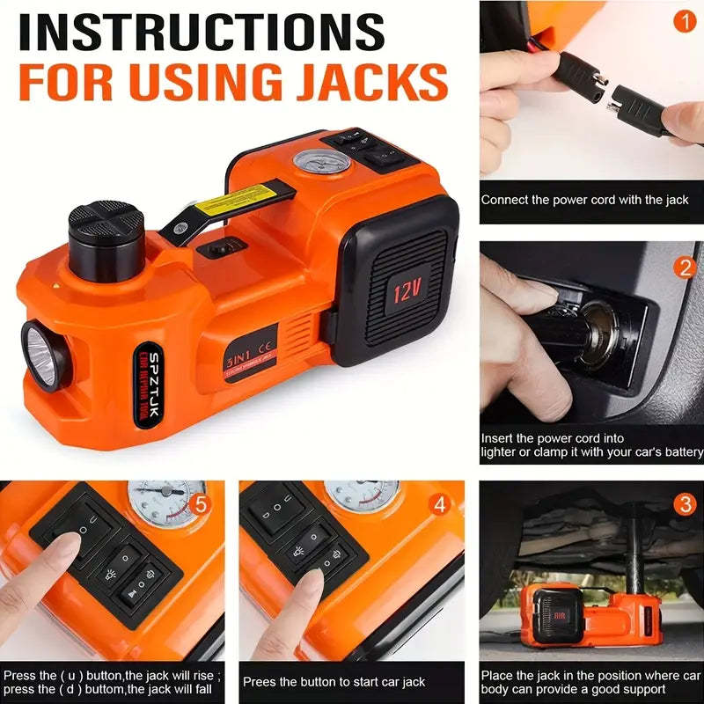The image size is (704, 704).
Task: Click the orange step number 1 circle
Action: click(685, 20)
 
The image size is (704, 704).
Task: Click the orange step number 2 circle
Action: click(685, 267)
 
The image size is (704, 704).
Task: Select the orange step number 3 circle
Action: click(685, 505)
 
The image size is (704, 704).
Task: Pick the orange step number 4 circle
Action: click(442, 505)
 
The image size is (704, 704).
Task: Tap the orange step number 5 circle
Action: click(202, 505)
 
